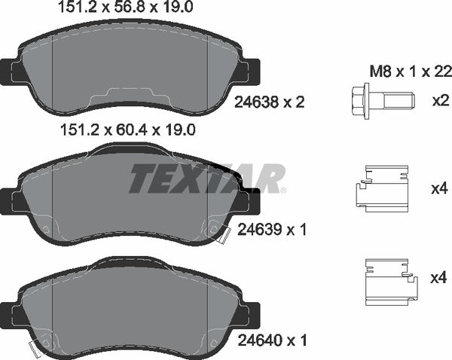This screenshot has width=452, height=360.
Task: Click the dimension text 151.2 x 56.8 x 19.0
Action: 127,9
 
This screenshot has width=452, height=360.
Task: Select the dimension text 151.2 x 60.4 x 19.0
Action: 127,130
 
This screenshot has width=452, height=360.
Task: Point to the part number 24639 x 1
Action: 272,228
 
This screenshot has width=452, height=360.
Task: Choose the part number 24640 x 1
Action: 272,340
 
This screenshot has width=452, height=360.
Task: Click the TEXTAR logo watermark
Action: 207,178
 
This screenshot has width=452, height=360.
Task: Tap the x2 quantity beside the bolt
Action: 438,101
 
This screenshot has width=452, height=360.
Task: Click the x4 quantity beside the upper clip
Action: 438,188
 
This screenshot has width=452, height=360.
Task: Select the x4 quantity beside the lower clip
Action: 438,279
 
